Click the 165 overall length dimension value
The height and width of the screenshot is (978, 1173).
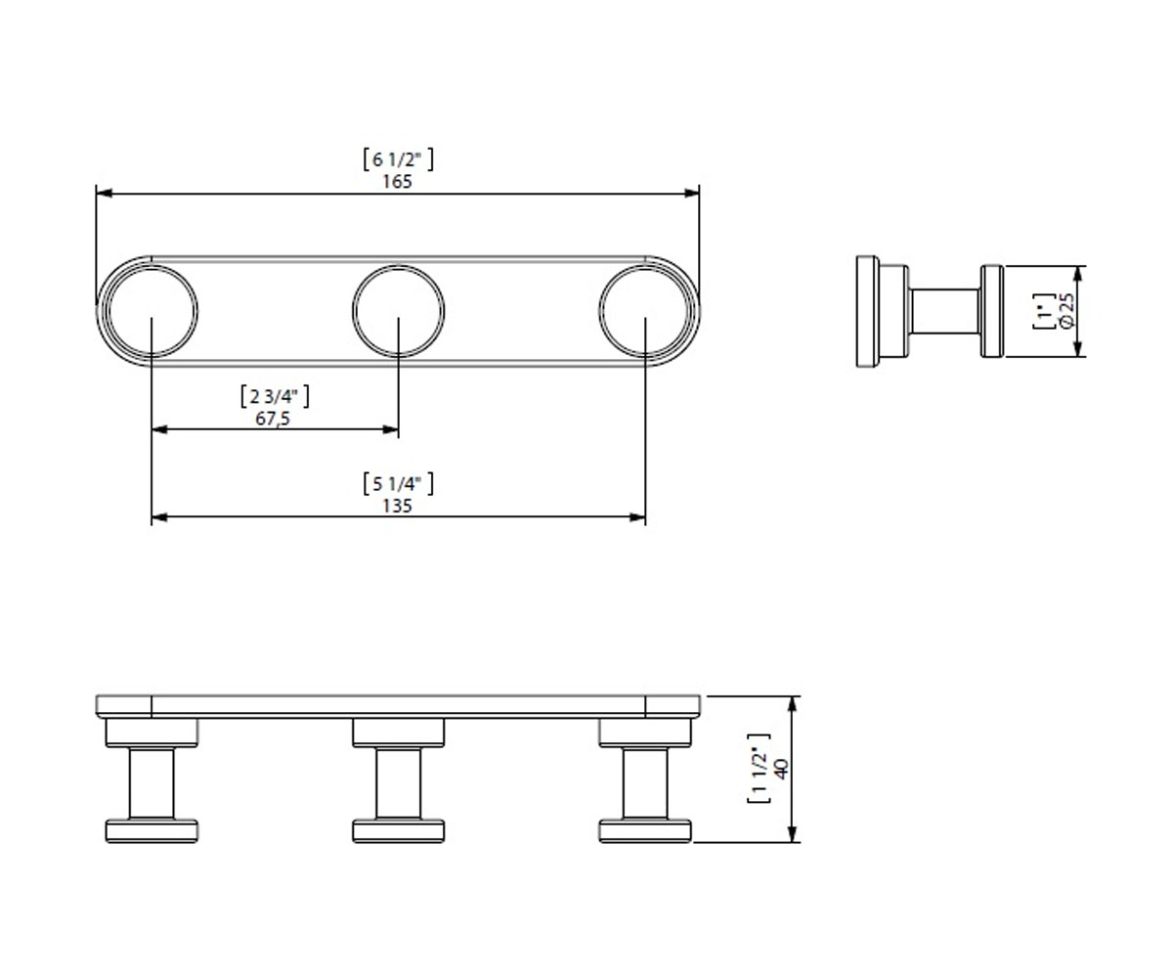[397, 182]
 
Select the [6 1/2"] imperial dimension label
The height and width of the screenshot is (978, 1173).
[398, 159]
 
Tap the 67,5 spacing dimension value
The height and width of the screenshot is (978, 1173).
[273, 419]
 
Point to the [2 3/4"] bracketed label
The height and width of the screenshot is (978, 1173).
[274, 397]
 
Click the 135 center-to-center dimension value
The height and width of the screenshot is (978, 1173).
[397, 506]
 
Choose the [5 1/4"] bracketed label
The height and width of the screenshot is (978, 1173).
[398, 484]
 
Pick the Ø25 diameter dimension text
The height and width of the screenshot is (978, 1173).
[1066, 311]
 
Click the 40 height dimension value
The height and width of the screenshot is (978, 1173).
[781, 769]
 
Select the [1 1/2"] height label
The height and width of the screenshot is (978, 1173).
[759, 769]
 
